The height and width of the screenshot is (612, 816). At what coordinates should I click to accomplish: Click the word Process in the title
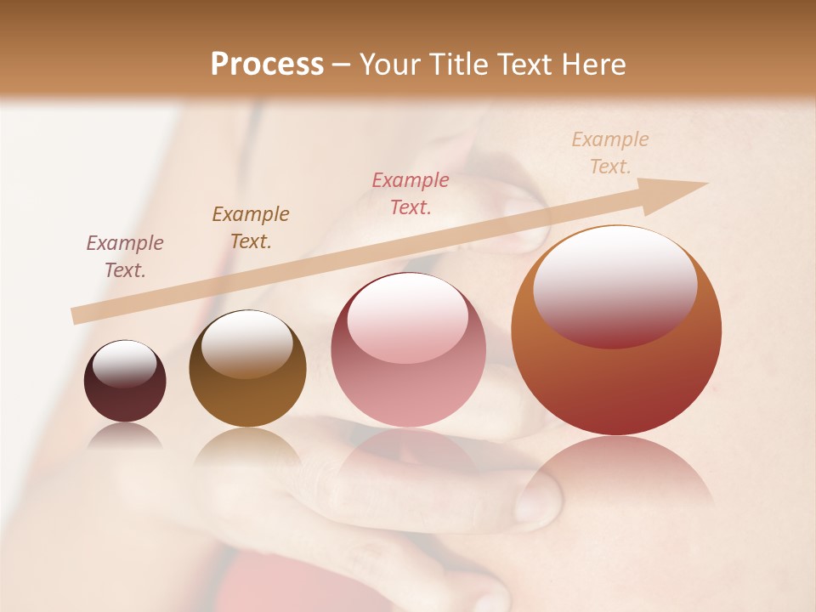tap(267, 65)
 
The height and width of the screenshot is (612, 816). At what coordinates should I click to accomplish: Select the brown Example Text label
tap(251, 228)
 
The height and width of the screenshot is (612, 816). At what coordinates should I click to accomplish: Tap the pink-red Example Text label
tap(411, 193)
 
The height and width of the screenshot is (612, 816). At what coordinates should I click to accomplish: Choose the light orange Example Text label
tap(610, 153)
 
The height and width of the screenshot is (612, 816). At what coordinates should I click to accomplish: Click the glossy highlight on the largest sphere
tap(615, 286)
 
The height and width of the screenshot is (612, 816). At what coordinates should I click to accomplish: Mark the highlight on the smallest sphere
tap(124, 365)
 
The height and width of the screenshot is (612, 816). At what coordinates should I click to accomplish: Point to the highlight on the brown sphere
tap(246, 343)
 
